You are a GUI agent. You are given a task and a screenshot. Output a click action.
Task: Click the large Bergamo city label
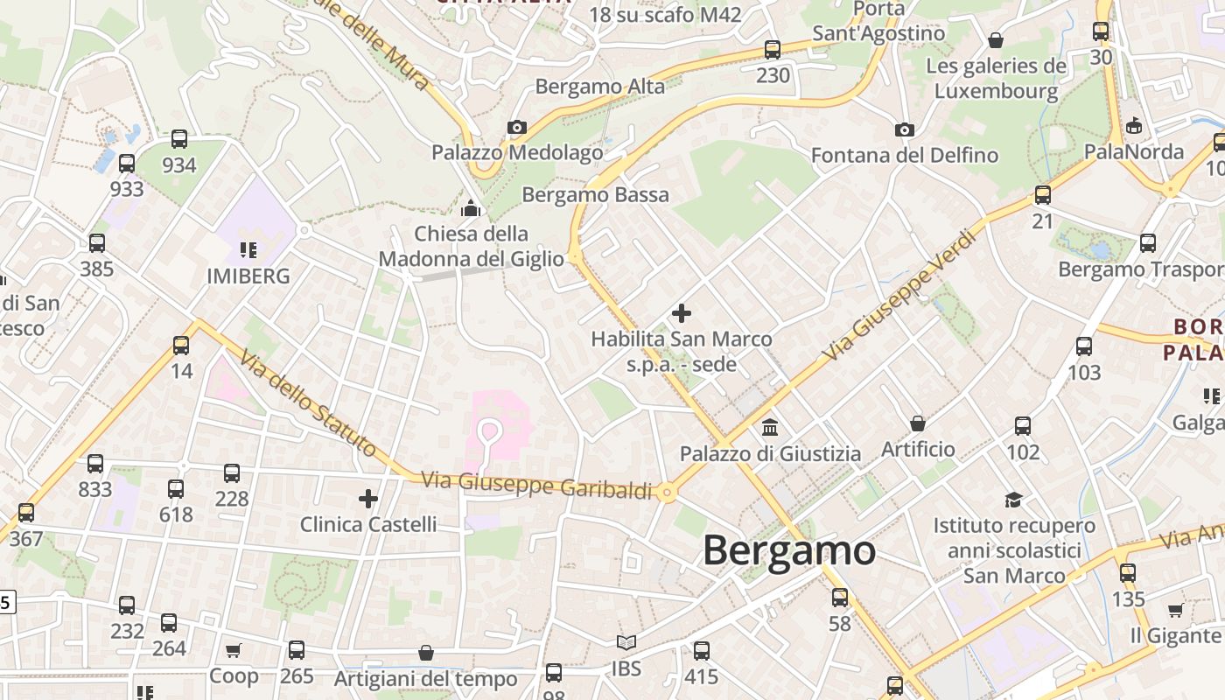(788, 551)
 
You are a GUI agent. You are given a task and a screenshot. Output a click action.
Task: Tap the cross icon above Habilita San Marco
(682, 312)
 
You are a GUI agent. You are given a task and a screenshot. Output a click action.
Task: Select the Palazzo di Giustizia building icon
(770, 428)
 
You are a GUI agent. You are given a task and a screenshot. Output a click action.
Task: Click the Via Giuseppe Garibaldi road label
(536, 485)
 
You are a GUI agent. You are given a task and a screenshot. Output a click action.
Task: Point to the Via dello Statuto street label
(308, 404)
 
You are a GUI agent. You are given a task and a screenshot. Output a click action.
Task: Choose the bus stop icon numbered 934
(179, 139)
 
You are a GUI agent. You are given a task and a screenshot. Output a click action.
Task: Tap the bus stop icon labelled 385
(97, 243)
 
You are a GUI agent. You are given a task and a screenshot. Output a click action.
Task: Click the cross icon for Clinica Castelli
(368, 499)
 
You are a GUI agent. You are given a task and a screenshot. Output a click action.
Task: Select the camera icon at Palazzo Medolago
(517, 128)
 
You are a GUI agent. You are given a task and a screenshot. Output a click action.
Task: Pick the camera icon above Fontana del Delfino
(904, 130)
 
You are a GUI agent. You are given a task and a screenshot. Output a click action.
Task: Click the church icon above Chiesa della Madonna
(471, 208)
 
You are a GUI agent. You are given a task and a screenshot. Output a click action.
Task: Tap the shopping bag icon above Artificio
(918, 424)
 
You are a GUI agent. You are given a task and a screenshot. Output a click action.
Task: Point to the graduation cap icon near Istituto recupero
(1013, 500)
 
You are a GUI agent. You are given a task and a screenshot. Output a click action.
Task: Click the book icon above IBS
(626, 643)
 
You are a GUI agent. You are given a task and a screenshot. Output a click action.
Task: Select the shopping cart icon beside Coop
(234, 650)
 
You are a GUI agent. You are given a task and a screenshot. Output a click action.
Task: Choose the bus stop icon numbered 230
(773, 50)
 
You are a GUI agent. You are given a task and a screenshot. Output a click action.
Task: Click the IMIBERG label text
(248, 276)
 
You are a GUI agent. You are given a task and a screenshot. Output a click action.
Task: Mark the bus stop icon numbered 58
(840, 598)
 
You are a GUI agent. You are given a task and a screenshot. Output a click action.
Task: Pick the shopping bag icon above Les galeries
(996, 40)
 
